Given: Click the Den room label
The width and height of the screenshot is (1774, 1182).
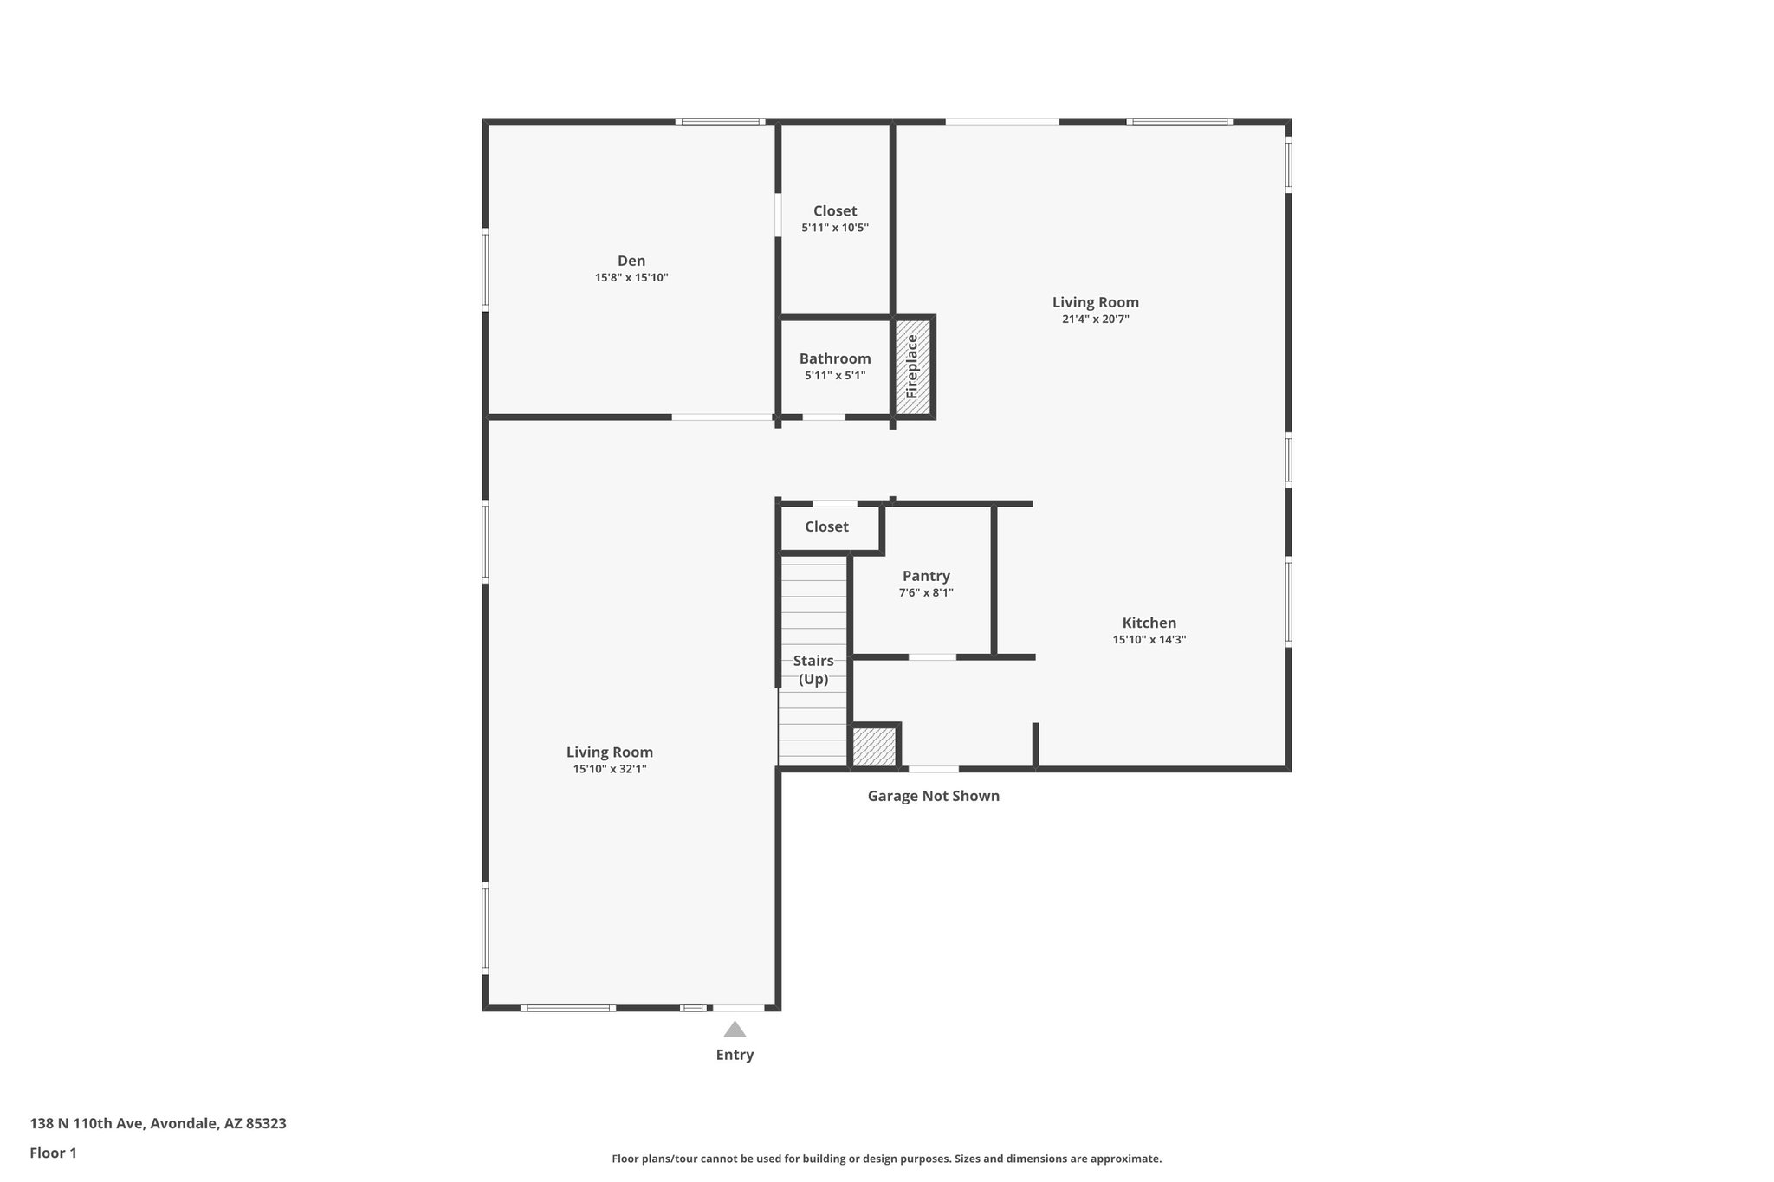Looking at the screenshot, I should (x=631, y=261).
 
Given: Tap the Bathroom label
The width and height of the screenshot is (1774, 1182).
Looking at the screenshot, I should (x=835, y=358).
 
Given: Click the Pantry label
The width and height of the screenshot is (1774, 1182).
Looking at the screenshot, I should (x=926, y=576).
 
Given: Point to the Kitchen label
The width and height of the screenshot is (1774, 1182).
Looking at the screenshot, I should (x=1149, y=623).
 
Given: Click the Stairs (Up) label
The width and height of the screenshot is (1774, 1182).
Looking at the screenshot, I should (x=813, y=669).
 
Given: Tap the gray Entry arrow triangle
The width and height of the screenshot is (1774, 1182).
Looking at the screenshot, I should (x=735, y=1030).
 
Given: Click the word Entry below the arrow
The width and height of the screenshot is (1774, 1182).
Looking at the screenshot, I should (x=735, y=1055).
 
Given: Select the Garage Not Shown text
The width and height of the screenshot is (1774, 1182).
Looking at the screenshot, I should (x=933, y=796).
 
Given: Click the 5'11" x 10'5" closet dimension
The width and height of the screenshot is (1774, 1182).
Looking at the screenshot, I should (x=835, y=228).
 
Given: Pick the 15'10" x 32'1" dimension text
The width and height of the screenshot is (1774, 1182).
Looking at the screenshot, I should (x=610, y=769).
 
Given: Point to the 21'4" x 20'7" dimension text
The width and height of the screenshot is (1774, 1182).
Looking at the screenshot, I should (x=1095, y=319).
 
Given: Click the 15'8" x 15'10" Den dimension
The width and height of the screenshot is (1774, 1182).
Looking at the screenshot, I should (x=631, y=278).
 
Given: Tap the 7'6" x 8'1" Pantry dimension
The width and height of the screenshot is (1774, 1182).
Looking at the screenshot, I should (x=926, y=593).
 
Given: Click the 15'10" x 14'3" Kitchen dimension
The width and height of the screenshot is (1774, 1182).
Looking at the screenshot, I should (x=1149, y=640).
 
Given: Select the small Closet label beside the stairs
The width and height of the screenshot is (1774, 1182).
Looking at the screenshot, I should (x=826, y=526).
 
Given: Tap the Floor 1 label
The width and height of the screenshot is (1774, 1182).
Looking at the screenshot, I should (x=53, y=1153).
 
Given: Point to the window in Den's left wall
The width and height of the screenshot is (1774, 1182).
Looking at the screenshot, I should (x=485, y=269).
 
